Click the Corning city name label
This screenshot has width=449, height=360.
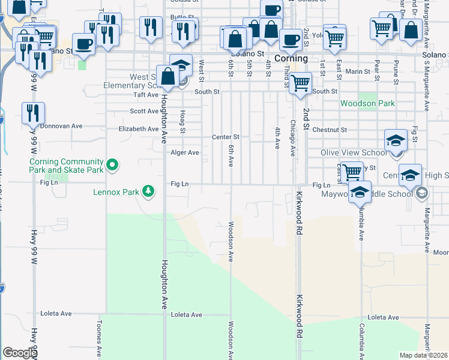pos(291,59)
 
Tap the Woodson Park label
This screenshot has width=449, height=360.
pos(367,103)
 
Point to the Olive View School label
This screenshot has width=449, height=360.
pos(354,152)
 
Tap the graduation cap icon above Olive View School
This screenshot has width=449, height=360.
pos(396,140)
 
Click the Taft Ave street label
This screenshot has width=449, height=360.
pos(145,95)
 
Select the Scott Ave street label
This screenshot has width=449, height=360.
pos(144,111)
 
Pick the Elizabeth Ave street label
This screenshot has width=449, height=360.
pos(139,129)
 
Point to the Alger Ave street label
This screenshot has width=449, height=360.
pos(185,152)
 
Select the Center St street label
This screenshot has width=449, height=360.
pos(226,137)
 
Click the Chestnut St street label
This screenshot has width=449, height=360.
pos(330,130)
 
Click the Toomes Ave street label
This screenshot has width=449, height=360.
pos(100,336)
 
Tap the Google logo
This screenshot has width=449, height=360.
pos(20,353)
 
